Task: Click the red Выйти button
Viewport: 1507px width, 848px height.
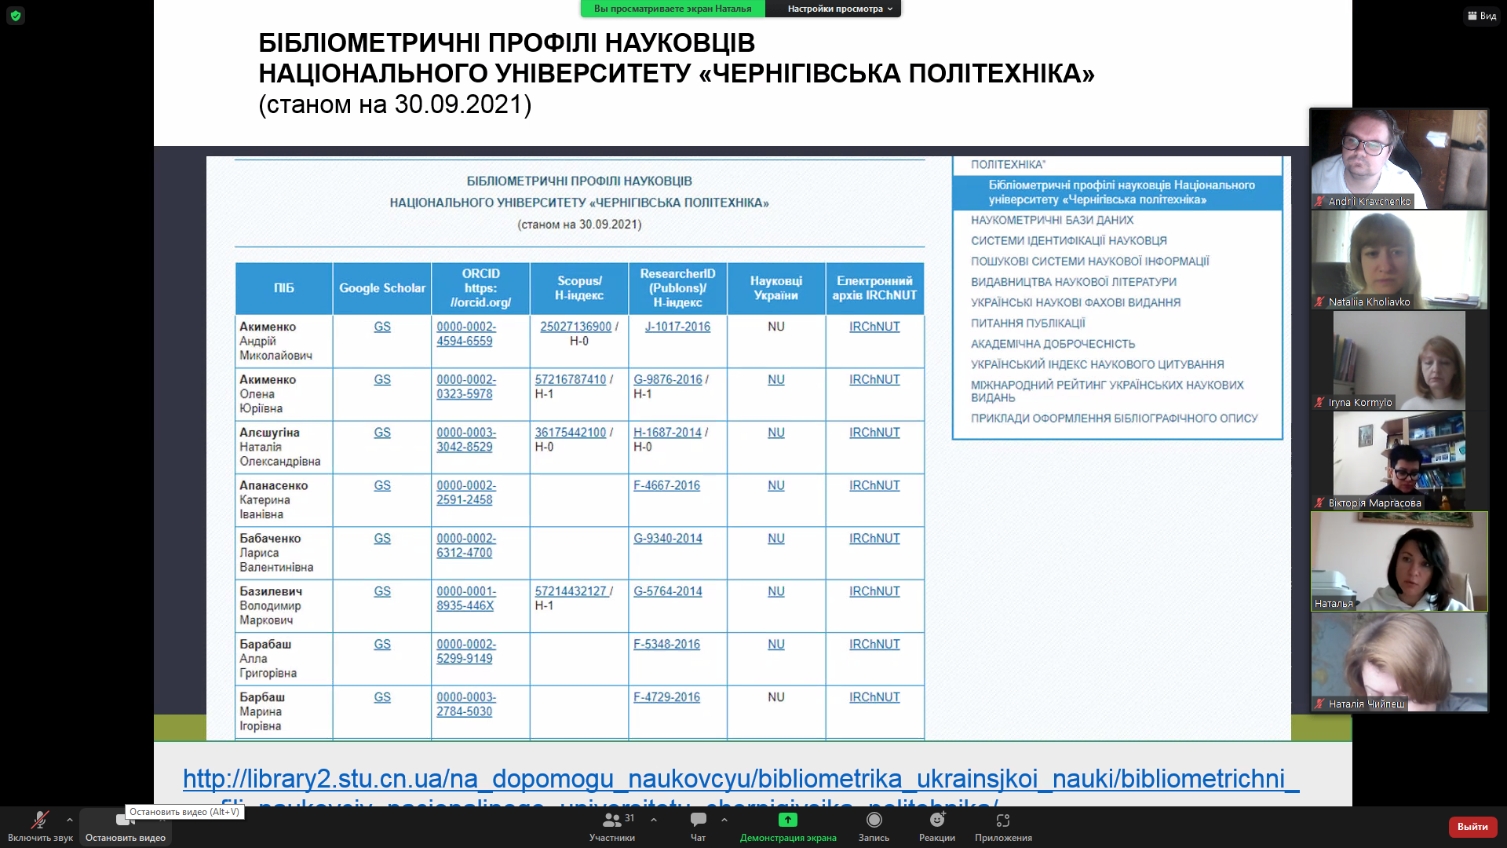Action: (x=1472, y=826)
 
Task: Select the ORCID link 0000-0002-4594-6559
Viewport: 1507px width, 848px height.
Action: (x=465, y=334)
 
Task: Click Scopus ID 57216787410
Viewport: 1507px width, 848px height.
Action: (x=570, y=379)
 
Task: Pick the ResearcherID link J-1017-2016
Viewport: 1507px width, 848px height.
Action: (x=677, y=327)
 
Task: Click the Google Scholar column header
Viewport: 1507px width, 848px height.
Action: (x=382, y=288)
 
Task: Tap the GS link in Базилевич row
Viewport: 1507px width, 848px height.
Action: (x=382, y=591)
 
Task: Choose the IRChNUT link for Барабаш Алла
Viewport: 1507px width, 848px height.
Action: (x=874, y=644)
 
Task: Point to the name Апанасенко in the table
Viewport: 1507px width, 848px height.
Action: (x=274, y=485)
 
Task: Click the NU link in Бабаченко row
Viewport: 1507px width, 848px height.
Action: (x=776, y=539)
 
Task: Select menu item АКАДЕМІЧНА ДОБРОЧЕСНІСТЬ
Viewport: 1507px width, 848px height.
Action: (x=1053, y=344)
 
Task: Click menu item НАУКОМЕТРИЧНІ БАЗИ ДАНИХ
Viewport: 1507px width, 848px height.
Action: (x=1052, y=220)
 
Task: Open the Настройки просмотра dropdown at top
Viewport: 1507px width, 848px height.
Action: (x=839, y=9)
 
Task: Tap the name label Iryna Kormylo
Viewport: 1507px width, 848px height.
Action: (x=1360, y=403)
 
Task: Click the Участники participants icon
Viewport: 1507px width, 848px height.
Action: (x=612, y=821)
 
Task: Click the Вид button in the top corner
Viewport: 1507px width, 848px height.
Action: (x=1482, y=16)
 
